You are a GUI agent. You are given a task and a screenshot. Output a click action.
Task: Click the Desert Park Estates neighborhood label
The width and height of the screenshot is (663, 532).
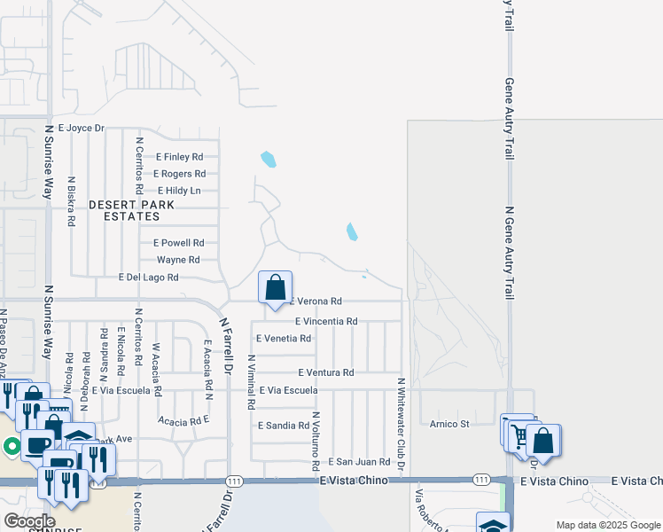click(131, 210)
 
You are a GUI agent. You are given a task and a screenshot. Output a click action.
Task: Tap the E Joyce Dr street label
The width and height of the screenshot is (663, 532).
click(81, 129)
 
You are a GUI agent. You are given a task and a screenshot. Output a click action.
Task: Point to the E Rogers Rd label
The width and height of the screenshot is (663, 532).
click(179, 174)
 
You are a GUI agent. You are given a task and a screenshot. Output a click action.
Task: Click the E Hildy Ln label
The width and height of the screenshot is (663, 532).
click(179, 191)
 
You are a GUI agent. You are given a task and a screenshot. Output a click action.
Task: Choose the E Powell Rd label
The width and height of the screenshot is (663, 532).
click(178, 243)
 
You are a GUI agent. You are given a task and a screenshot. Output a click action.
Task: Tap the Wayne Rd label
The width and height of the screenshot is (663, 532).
click(177, 260)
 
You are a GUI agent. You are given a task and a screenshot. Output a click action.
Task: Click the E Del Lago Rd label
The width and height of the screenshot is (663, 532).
click(149, 278)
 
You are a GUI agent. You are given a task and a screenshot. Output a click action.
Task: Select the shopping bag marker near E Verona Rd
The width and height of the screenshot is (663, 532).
click(276, 287)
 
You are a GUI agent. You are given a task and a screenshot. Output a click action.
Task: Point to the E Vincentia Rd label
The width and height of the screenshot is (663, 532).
click(325, 321)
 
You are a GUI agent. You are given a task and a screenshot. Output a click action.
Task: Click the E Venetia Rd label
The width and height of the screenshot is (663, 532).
click(283, 339)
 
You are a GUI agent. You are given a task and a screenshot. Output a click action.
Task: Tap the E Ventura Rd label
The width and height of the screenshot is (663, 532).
click(325, 372)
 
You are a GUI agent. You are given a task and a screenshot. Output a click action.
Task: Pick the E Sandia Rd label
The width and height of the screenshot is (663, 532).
click(283, 426)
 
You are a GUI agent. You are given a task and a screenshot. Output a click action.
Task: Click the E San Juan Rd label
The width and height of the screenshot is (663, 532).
click(359, 462)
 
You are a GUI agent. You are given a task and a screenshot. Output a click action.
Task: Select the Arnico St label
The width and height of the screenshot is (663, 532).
click(450, 424)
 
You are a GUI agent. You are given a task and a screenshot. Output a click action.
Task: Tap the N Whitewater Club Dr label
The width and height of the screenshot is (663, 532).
click(401, 424)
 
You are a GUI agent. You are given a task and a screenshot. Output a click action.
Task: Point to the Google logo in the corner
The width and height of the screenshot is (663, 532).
click(29, 521)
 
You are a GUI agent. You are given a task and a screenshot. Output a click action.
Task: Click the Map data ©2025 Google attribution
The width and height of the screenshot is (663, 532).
click(608, 525)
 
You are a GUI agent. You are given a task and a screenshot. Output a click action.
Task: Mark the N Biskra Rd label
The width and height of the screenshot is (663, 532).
click(70, 202)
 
